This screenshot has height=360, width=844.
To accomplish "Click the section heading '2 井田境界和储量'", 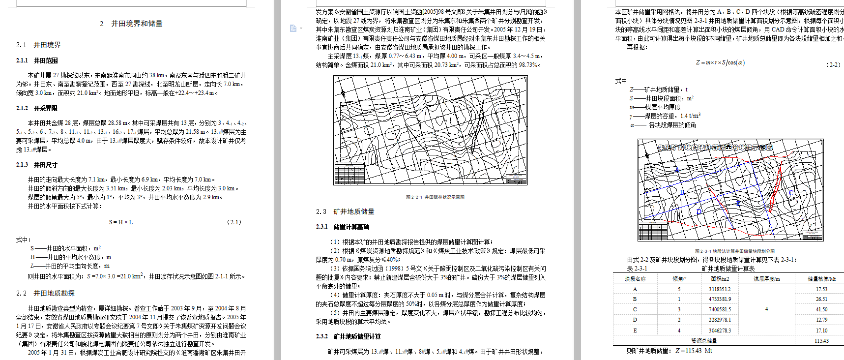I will [131, 24].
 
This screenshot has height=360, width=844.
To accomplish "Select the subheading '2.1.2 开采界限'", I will [37, 108].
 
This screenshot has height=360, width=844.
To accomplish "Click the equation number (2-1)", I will [234, 222].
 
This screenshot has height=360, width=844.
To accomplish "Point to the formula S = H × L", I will [121, 222].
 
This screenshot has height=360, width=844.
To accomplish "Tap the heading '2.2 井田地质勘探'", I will [45, 293].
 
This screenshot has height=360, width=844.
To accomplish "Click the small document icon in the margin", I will [293, 29].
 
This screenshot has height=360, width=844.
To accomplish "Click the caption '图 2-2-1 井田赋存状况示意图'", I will [435, 197].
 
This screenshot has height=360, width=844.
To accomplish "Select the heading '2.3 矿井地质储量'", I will [345, 211].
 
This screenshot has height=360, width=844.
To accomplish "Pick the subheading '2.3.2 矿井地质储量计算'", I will [349, 336].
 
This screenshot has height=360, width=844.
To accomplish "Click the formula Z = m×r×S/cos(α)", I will [720, 62].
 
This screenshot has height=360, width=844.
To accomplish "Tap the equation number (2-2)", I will [834, 64].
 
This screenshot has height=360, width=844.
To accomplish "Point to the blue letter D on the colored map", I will [699, 212].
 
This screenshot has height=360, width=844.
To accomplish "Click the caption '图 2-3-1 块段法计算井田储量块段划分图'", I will [734, 251].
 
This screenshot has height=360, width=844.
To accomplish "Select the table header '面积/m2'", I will [720, 279].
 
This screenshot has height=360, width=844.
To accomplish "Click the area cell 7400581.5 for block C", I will [720, 309].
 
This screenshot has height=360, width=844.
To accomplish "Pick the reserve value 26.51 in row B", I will [821, 299].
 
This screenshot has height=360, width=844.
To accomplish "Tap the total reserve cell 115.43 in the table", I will [821, 341].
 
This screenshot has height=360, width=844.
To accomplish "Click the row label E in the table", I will [635, 330].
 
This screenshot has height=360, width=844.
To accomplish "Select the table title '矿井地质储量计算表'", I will [728, 269].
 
